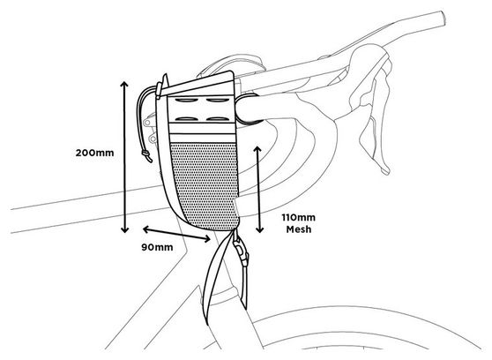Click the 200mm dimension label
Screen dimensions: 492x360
tap(94, 153)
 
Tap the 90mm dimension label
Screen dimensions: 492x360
tap(157, 247)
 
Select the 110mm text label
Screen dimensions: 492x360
tap(298, 217)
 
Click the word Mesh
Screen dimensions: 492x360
tap(299, 229)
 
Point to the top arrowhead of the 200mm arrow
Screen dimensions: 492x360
tap(124, 84)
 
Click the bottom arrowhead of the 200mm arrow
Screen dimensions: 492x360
tap(125, 229)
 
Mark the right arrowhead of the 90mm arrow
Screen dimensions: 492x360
tap(207, 239)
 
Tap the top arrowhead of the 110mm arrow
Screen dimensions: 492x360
tap(258, 149)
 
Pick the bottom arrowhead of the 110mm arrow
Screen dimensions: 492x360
tap(259, 229)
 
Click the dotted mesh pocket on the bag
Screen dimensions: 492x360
tap(205, 185)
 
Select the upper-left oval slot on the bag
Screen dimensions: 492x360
tap(187, 101)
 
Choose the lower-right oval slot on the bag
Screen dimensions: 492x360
tap(218, 119)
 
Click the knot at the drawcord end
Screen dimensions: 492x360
tap(145, 154)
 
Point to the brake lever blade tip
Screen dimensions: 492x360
tap(385, 170)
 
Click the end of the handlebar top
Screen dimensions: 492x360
tap(443, 18)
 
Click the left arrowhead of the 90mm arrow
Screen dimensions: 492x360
tap(145, 229)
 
